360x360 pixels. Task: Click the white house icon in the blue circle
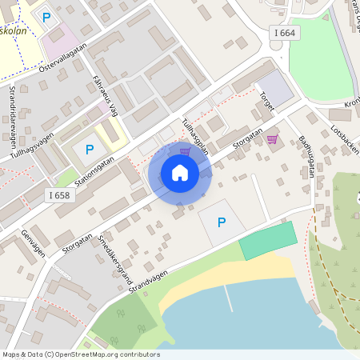(180, 173)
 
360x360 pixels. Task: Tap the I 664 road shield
(283, 32)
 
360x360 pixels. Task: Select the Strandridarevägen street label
(13, 111)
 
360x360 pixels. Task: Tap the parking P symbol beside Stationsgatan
(90, 149)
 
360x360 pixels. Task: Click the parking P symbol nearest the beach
(222, 222)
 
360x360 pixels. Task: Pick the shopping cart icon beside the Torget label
(272, 138)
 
